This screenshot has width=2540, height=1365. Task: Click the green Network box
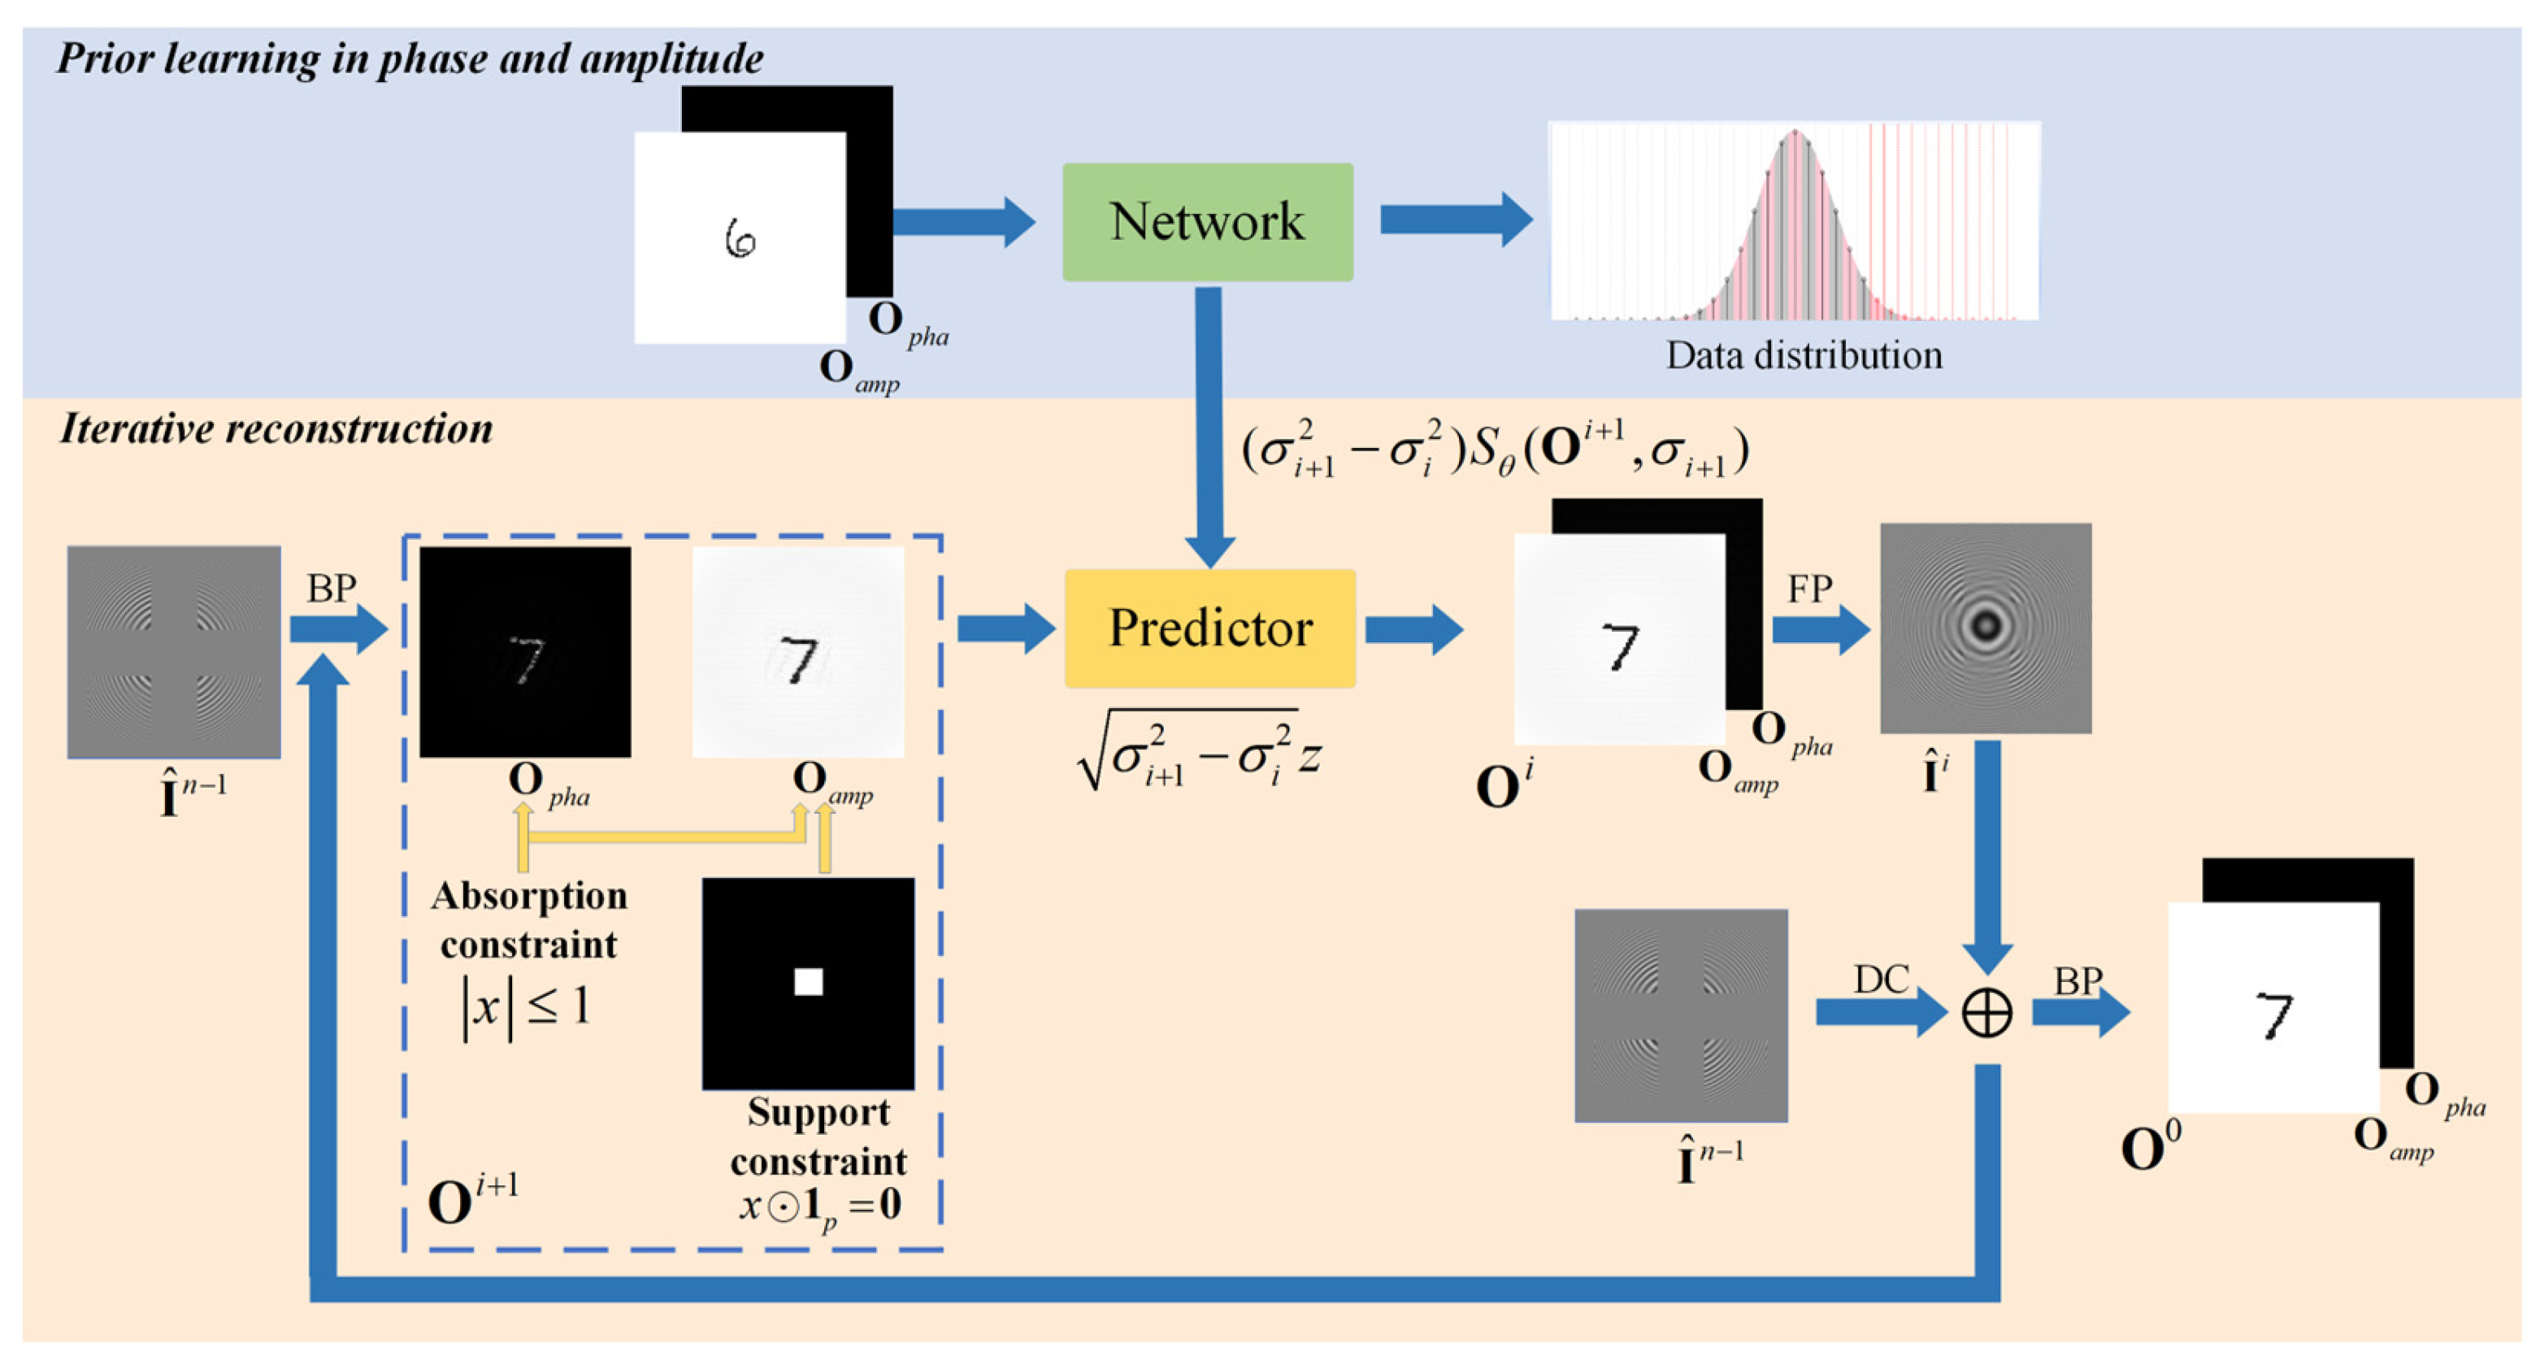1207,222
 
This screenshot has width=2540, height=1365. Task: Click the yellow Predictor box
1209,628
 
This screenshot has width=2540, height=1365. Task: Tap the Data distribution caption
1804,355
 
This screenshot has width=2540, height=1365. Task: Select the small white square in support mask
809,981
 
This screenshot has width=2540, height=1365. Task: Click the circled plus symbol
1986,1013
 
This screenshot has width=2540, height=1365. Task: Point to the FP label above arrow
1809,589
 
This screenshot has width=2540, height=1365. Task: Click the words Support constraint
818,1137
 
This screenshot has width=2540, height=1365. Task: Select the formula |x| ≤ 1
527,1007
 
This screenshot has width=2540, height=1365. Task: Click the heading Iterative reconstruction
276,429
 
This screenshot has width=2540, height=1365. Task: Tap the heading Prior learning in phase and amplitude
409,59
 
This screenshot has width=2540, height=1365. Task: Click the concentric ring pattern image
1985,628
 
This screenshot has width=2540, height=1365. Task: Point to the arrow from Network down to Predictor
1209,424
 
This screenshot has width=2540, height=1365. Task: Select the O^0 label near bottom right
2151,1146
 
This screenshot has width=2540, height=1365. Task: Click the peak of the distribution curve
1795,133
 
